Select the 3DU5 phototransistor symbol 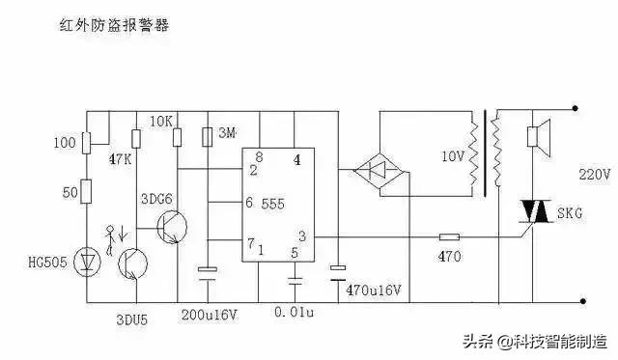click(128, 262)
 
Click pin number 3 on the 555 click(303, 235)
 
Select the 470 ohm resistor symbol click(450, 236)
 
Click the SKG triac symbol click(532, 209)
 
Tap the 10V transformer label click(452, 154)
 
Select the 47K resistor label click(122, 158)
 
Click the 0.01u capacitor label click(295, 315)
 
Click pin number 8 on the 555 click(259, 156)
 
